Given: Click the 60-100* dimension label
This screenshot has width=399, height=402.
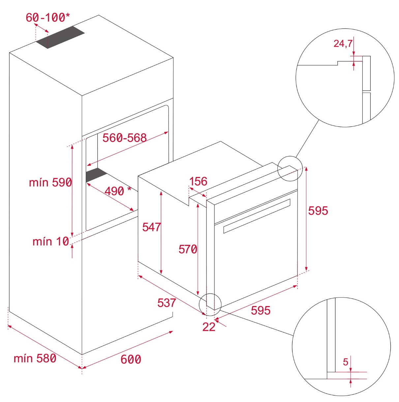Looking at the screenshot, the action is click(x=47, y=17).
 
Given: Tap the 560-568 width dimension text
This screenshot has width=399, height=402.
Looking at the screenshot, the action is click(x=124, y=138).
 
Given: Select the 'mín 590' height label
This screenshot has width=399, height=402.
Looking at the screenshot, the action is click(x=50, y=182).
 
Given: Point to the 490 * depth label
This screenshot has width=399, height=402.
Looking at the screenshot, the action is click(x=118, y=191).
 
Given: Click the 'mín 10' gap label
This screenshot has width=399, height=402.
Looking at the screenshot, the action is click(x=51, y=242).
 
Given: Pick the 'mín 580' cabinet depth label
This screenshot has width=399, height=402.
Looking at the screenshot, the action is click(x=35, y=358).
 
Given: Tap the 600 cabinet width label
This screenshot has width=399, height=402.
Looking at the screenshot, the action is click(x=131, y=359).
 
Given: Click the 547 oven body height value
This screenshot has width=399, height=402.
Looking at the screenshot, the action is click(x=151, y=227).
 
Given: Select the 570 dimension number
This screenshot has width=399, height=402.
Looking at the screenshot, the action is click(x=188, y=249).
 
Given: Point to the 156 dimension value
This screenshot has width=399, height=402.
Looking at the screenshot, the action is click(x=198, y=181).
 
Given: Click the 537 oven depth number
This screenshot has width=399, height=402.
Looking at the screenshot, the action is click(x=167, y=303).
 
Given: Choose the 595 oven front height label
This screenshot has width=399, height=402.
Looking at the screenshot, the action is click(x=318, y=211).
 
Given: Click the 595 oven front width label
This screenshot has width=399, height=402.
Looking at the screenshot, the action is click(x=261, y=310).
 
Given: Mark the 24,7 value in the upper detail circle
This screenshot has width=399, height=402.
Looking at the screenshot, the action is click(x=343, y=43).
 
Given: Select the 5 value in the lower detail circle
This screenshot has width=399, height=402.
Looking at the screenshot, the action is click(x=346, y=362).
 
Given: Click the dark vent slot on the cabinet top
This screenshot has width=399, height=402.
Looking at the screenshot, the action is click(x=60, y=37).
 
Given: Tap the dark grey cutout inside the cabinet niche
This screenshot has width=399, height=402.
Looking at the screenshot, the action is click(x=96, y=175).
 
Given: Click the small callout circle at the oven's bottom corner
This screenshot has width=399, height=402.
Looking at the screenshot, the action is click(x=210, y=304).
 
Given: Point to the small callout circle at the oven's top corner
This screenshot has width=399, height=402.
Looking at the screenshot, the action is click(x=290, y=168).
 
